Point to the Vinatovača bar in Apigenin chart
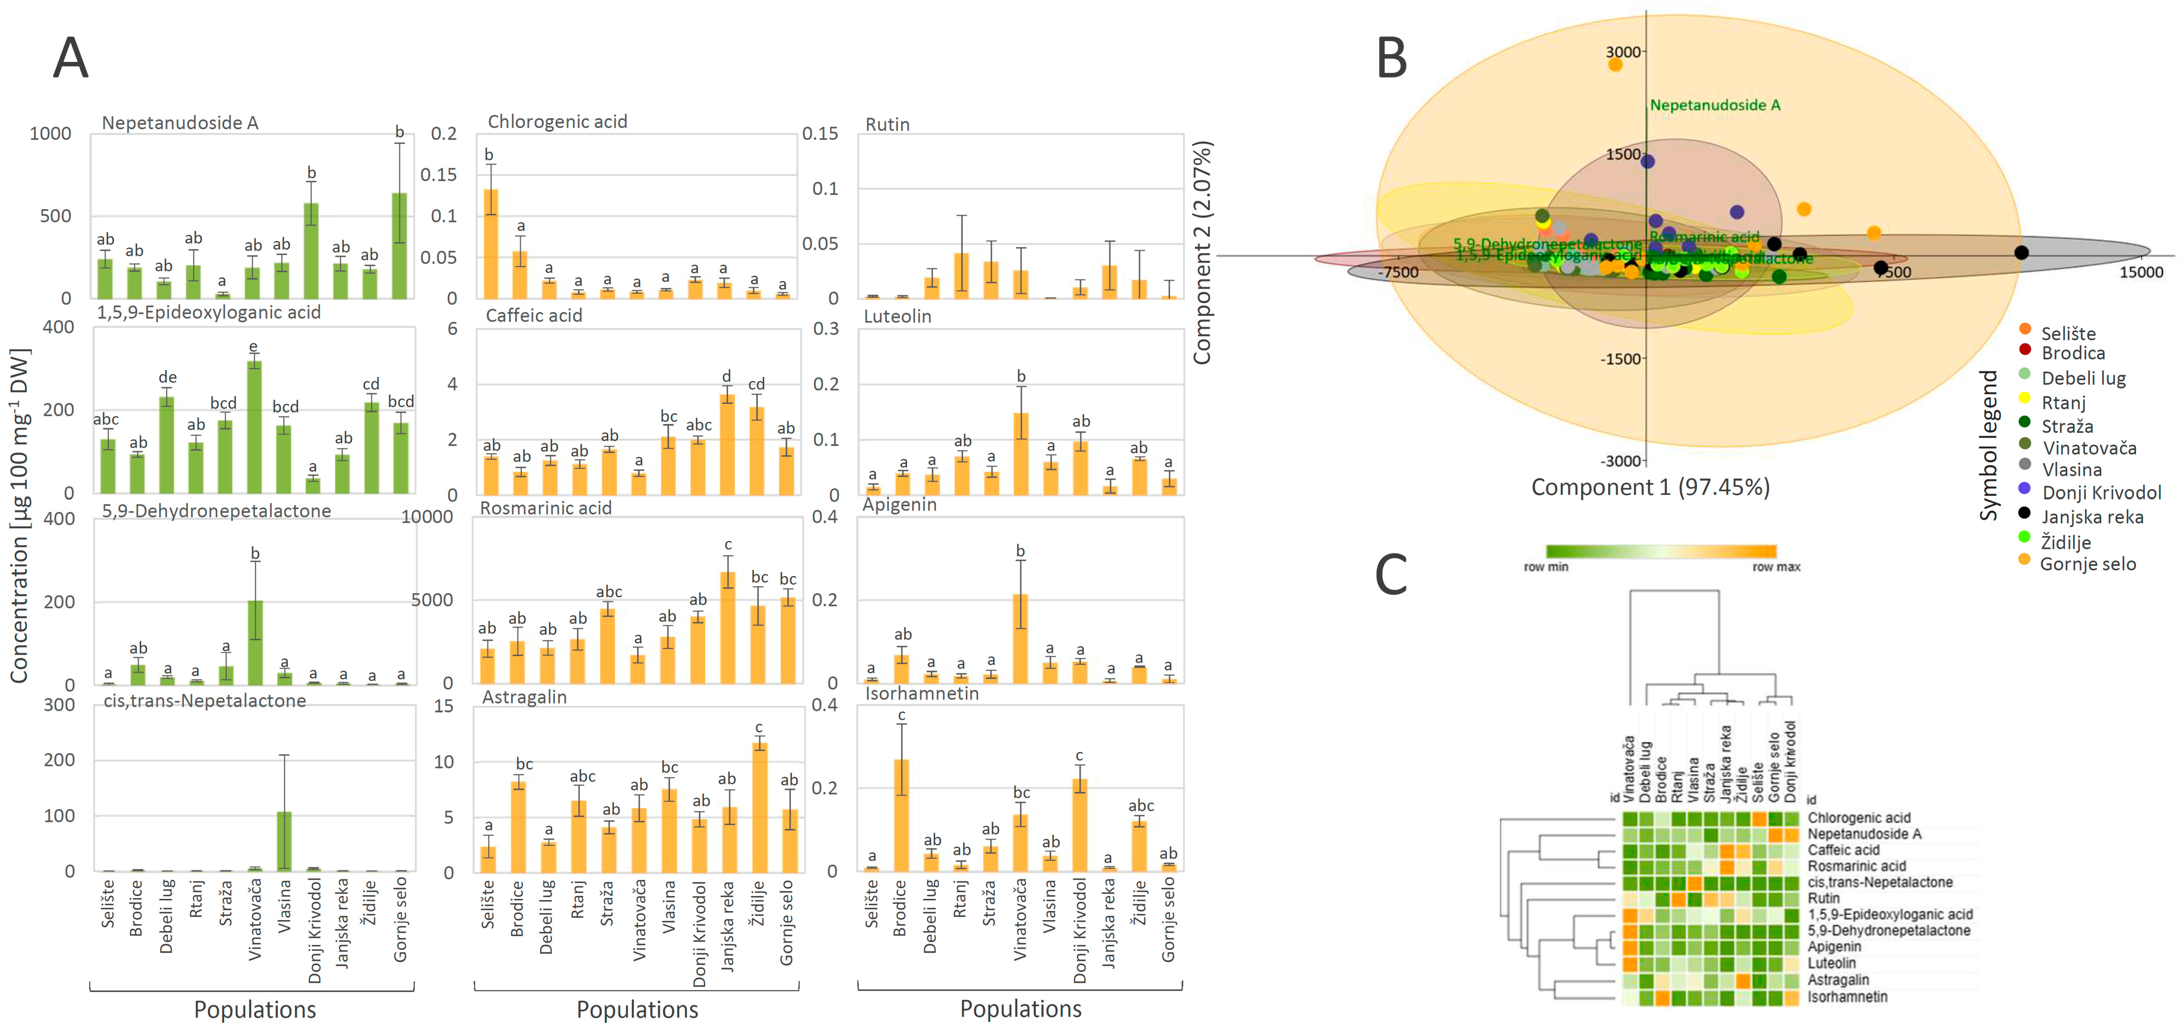click(1021, 639)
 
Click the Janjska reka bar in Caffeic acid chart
click(727, 444)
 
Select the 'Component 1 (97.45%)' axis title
click(1650, 487)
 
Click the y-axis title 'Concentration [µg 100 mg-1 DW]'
click(20, 516)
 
